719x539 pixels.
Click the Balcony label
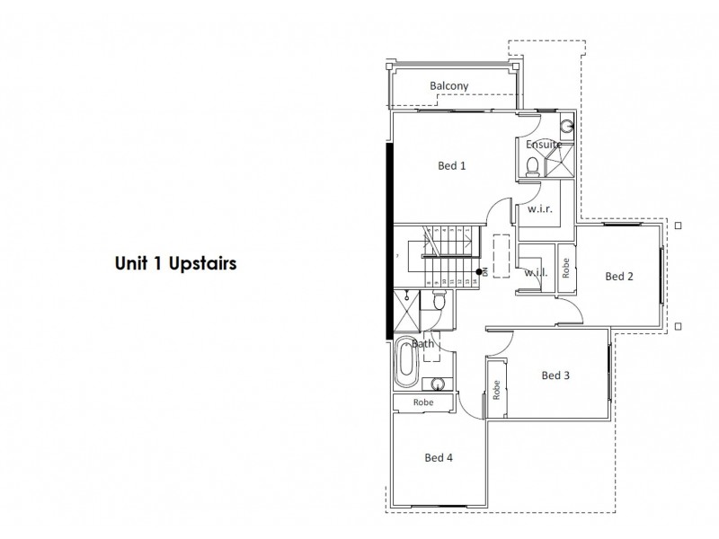448,86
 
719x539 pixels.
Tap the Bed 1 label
452,165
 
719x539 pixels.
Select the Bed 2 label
619,276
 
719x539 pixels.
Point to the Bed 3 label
555,376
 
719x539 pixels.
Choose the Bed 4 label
439,457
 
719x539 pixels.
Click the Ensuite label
545,144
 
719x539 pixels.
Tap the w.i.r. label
539,208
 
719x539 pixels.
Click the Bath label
423,344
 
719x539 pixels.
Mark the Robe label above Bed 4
423,402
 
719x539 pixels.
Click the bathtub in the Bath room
405,367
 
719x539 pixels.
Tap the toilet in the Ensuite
531,164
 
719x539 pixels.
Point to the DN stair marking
483,271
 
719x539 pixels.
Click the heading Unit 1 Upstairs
175,264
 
